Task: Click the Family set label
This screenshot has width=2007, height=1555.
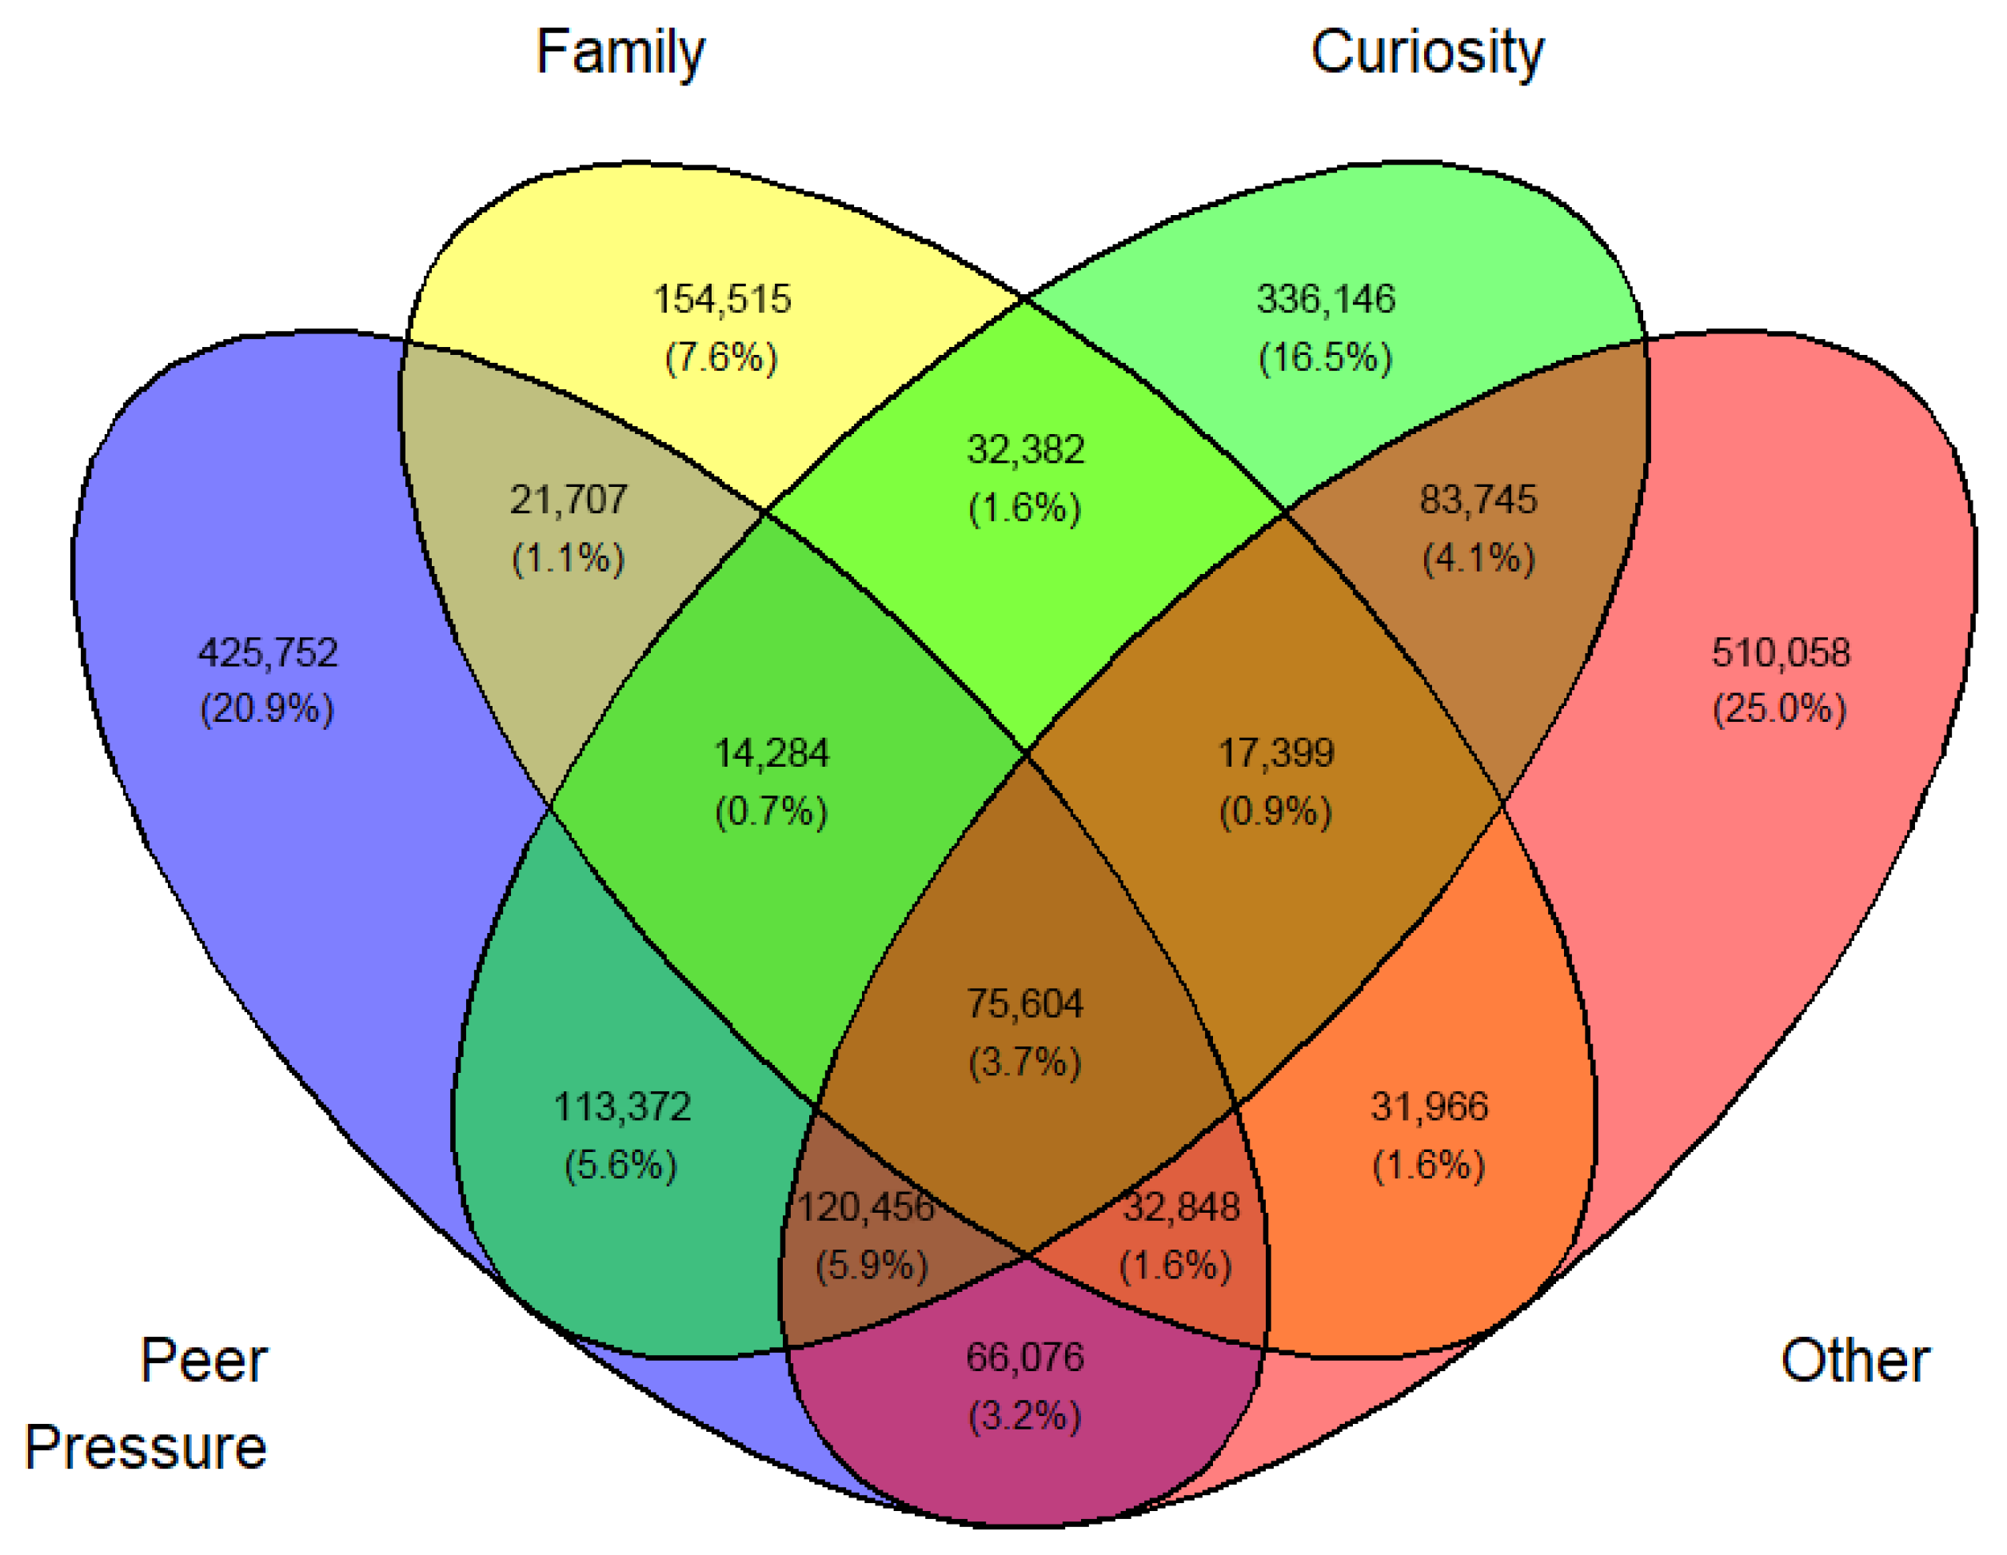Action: coord(620,53)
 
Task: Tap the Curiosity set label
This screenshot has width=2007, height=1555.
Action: coord(1427,53)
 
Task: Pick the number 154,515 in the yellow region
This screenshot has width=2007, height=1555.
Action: coord(721,300)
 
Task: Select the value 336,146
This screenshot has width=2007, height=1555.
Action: coord(1325,300)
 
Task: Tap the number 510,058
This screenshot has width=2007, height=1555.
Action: coord(1780,652)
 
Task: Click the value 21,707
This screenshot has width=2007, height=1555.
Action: coord(569,500)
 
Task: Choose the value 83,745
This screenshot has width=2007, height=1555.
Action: coord(1478,500)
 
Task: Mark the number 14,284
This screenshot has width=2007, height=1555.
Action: coord(772,754)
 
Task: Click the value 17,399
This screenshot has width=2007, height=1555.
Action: coord(1275,754)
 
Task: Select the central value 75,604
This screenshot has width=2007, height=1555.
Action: coord(1024,1003)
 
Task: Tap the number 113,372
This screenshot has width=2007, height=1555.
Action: coord(622,1106)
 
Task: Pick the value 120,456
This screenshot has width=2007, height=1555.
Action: coord(866,1207)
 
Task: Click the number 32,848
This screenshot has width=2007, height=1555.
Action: coord(1181,1207)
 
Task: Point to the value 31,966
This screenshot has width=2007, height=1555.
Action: coord(1429,1106)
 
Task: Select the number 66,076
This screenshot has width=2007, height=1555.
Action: coord(1024,1358)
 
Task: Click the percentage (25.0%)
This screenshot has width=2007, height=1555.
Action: coord(1780,709)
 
